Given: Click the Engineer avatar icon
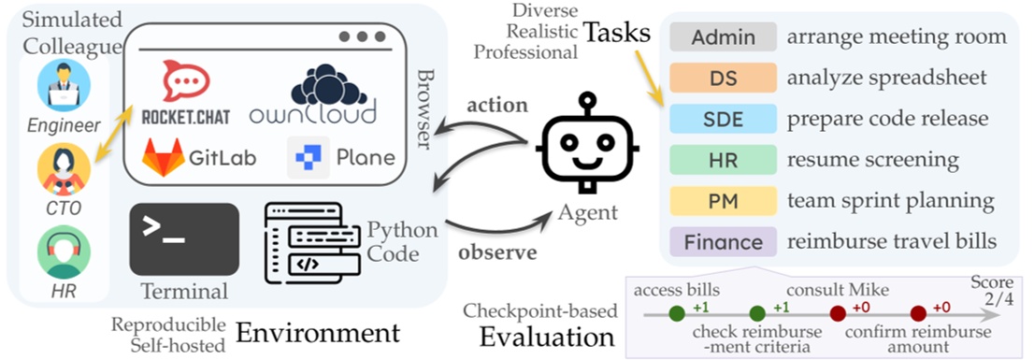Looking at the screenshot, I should coord(64,84).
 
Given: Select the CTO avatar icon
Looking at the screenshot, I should coord(64,170).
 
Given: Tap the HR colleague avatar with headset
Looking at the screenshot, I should coord(64,252).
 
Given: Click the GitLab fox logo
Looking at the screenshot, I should coord(164,156).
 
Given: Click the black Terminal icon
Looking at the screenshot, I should coord(183,238).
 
